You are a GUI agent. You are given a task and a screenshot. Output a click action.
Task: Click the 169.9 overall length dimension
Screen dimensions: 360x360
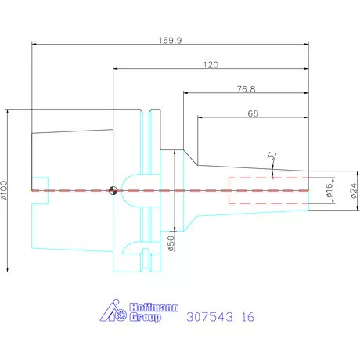pos(171,41)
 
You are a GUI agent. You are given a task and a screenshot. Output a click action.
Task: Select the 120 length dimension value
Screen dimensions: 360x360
pos(211,65)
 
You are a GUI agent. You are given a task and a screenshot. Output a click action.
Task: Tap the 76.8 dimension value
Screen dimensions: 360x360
pos(247,89)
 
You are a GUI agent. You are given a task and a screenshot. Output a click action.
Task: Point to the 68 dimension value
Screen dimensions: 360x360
pos(253,113)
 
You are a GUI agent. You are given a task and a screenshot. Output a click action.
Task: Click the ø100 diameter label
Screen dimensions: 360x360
pos(4,190)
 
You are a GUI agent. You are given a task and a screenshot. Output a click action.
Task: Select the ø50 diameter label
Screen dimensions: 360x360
pos(171,243)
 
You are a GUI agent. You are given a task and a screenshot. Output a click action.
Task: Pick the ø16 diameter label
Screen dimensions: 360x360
pos(329,190)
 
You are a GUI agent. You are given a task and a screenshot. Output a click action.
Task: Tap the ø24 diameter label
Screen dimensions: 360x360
pos(354,190)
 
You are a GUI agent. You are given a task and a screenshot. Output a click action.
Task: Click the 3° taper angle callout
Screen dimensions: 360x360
pos(272,157)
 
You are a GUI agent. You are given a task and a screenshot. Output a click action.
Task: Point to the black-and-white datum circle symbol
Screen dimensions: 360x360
pos(113,190)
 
